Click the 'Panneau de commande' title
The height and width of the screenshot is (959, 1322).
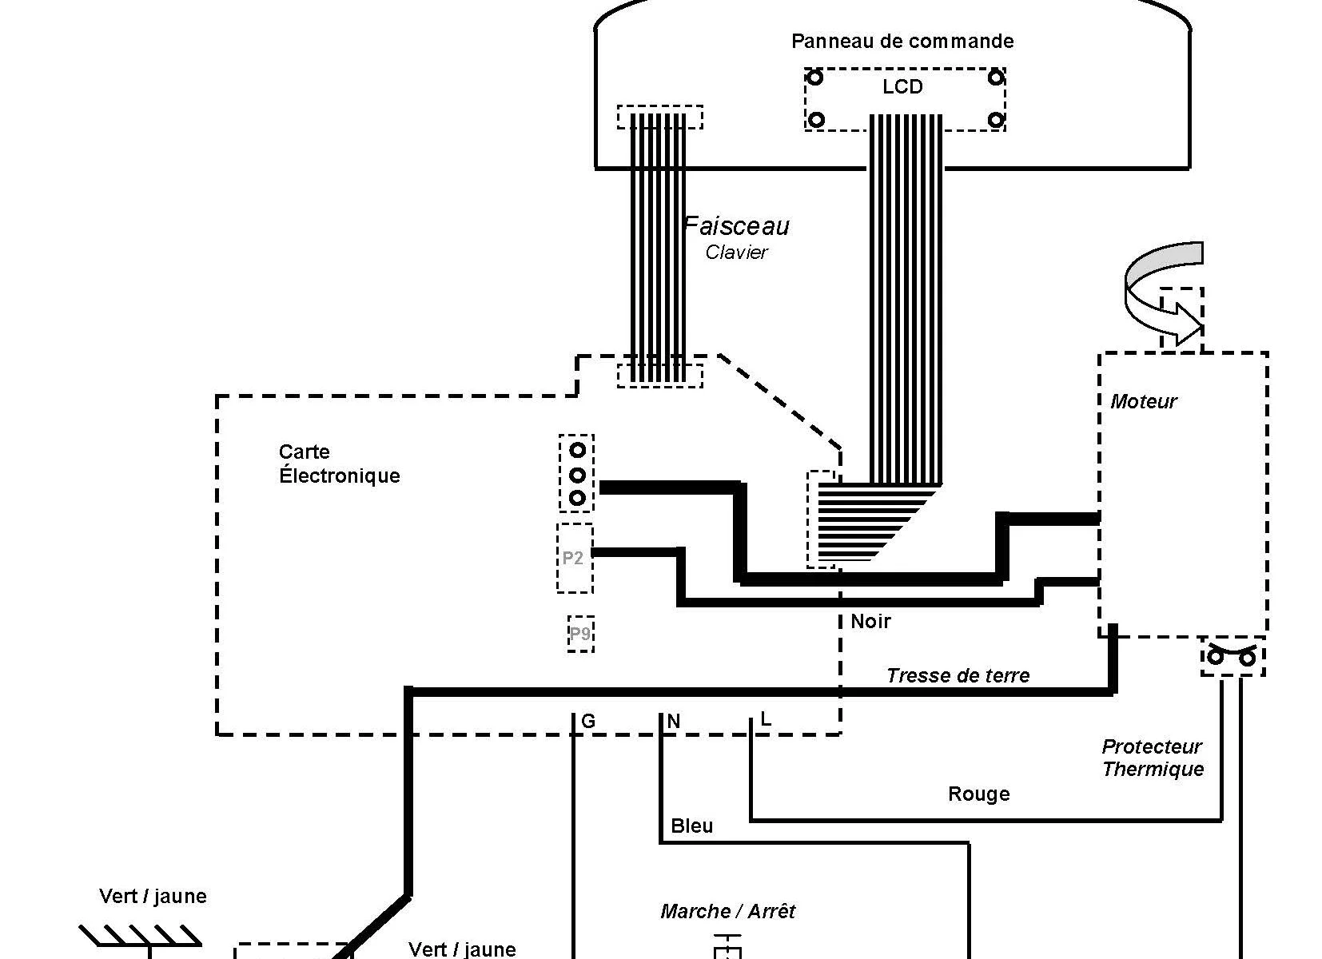[902, 41]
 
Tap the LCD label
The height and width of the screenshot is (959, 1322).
[902, 86]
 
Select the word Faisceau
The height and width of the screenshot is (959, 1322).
[737, 226]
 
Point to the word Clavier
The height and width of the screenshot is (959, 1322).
[736, 253]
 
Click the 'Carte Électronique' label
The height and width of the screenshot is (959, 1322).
[339, 464]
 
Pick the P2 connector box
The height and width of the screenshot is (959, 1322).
[575, 558]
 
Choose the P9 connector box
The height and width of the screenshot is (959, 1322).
[580, 634]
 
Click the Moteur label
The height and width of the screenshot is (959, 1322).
[1143, 401]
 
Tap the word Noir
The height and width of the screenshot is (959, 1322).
[870, 621]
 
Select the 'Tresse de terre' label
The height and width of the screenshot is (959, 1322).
[958, 675]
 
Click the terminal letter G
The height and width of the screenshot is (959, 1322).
[588, 722]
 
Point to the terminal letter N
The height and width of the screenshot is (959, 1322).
[674, 722]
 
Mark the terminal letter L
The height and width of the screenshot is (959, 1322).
[766, 719]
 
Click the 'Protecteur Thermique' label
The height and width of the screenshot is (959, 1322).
[1153, 758]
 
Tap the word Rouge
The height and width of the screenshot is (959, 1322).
[978, 794]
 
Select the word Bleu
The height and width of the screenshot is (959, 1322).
[692, 826]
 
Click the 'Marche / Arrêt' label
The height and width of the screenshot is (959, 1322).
[727, 911]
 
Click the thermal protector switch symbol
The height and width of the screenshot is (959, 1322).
[1232, 655]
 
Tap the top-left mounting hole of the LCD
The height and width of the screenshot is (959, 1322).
[814, 78]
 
